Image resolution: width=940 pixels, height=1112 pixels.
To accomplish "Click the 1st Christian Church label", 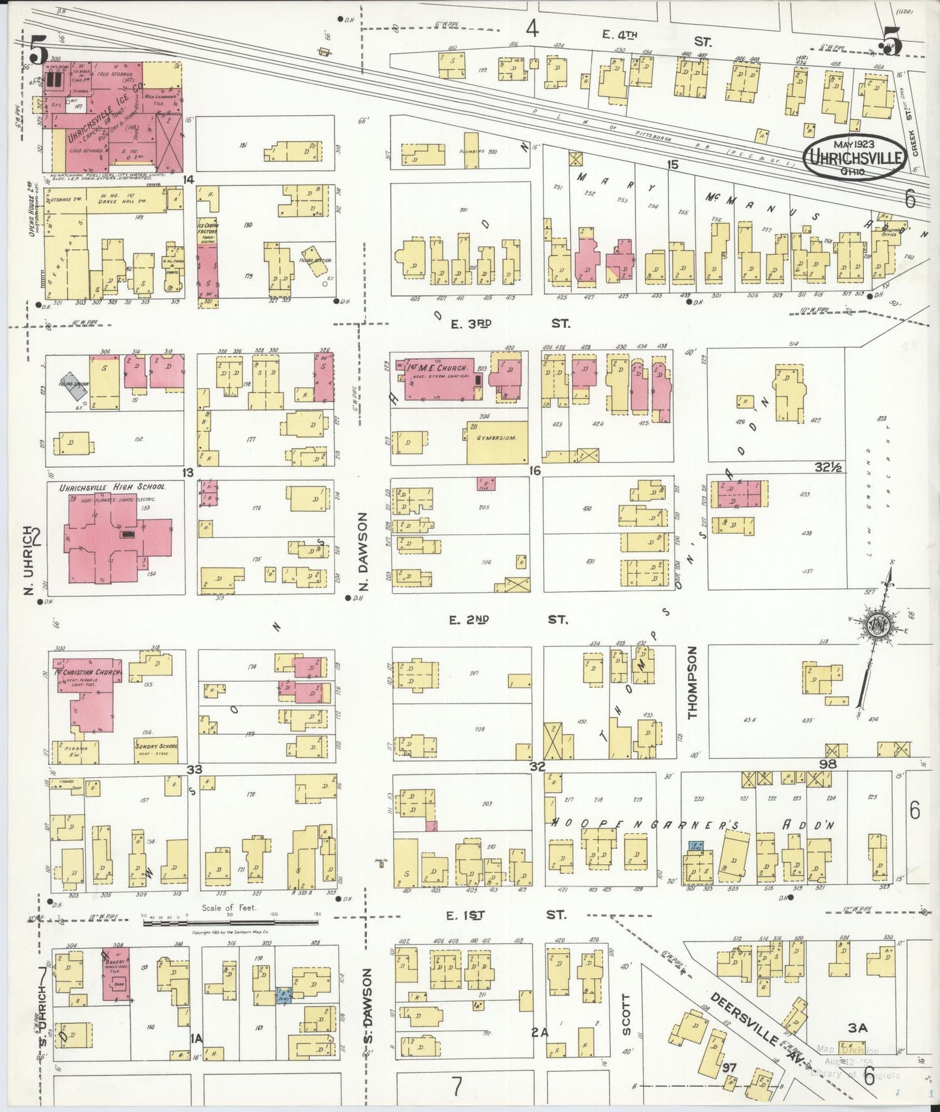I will pyautogui.click(x=90, y=672).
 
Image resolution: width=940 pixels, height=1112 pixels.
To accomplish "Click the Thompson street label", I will pyautogui.click(x=692, y=682).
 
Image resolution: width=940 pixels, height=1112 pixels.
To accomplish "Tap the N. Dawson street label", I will pyautogui.click(x=364, y=552).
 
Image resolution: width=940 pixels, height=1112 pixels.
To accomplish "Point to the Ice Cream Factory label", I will pyautogui.click(x=208, y=232).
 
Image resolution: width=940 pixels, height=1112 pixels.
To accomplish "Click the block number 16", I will pyautogui.click(x=535, y=470).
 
